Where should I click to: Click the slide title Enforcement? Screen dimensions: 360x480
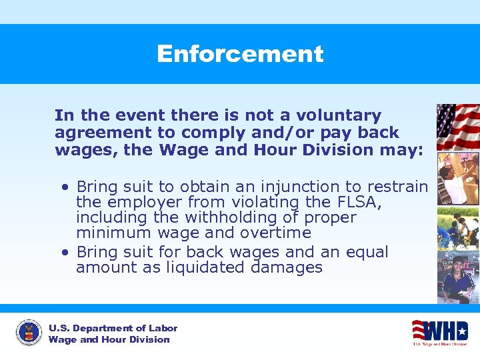pos(240,54)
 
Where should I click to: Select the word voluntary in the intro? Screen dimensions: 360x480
pos(342,115)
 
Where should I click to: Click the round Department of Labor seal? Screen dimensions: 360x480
pos(29,333)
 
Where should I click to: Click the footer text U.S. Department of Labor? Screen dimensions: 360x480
pos(113,328)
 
